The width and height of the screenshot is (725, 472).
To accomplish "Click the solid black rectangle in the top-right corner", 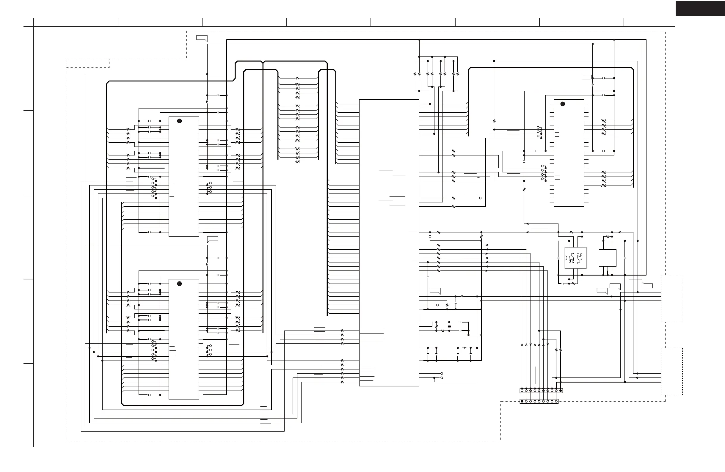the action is [700, 9].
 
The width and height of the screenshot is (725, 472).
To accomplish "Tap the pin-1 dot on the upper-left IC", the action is [179, 121].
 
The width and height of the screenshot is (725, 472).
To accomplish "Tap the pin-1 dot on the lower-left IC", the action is [179, 284].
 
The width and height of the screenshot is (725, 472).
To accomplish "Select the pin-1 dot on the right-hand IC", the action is [563, 104].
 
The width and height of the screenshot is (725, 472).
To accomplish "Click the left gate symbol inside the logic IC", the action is [571, 258].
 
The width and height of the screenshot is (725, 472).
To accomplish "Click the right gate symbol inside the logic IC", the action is [580, 258].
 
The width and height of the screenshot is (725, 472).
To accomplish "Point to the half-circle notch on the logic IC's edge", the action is [566, 258].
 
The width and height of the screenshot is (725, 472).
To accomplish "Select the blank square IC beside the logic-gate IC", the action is [608, 258].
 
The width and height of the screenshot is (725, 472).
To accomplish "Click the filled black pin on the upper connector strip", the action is [561, 390].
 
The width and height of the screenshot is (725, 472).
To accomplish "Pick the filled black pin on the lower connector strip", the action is [522, 401].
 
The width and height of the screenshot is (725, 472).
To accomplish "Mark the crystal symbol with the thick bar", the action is [449, 326].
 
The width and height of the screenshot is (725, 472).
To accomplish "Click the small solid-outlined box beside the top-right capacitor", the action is [586, 77].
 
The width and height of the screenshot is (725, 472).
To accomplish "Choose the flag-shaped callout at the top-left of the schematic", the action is [202, 38].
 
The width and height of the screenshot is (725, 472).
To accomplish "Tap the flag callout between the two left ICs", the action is [213, 239].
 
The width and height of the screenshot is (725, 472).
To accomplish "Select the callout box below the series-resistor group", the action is [435, 290].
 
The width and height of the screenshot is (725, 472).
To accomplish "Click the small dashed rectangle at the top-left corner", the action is [88, 63].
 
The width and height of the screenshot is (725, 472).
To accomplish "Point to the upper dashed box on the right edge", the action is [671, 298].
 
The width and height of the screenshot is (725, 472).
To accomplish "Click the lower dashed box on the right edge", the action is [672, 371].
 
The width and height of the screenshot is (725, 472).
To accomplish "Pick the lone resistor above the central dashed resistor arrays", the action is [297, 78].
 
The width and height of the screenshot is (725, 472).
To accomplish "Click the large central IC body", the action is [389, 243].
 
